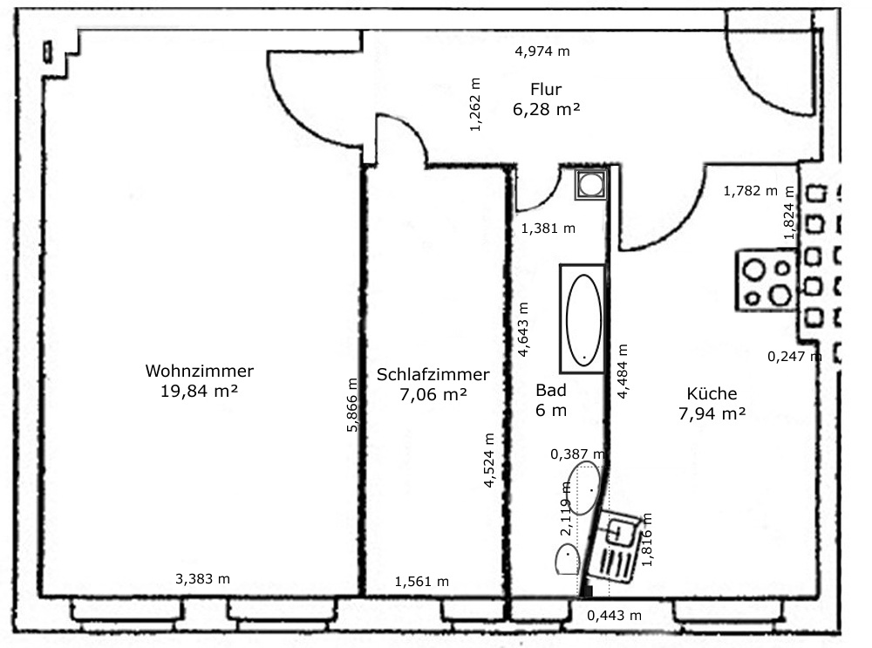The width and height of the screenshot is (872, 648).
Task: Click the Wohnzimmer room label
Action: tap(199, 371)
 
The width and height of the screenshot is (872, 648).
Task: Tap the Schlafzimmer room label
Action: tap(433, 374)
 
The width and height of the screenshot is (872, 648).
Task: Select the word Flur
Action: tap(546, 89)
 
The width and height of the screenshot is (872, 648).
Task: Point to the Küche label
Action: tap(712, 393)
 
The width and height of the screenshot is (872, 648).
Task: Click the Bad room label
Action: tap(550, 391)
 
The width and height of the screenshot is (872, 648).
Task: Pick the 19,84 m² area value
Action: tap(199, 391)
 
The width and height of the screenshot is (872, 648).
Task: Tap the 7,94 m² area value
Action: tap(712, 413)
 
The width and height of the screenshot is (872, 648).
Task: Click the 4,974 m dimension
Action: tap(542, 51)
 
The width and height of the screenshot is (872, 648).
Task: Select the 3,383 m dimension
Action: tap(202, 579)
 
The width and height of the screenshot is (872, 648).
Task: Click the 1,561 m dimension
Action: tap(421, 581)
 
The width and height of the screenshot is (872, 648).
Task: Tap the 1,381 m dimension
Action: tap(548, 228)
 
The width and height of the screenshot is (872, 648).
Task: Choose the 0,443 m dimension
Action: tap(614, 615)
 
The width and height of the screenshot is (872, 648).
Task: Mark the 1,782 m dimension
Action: tap(750, 191)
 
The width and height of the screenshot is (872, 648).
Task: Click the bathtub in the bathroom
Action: tap(582, 318)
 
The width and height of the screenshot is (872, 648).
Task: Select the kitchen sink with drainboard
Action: tap(615, 546)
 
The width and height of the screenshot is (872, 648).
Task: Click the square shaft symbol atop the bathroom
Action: tap(591, 184)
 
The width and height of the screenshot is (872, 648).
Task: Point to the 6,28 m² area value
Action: tap(546, 109)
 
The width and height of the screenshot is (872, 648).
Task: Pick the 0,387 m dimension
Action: tap(577, 454)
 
